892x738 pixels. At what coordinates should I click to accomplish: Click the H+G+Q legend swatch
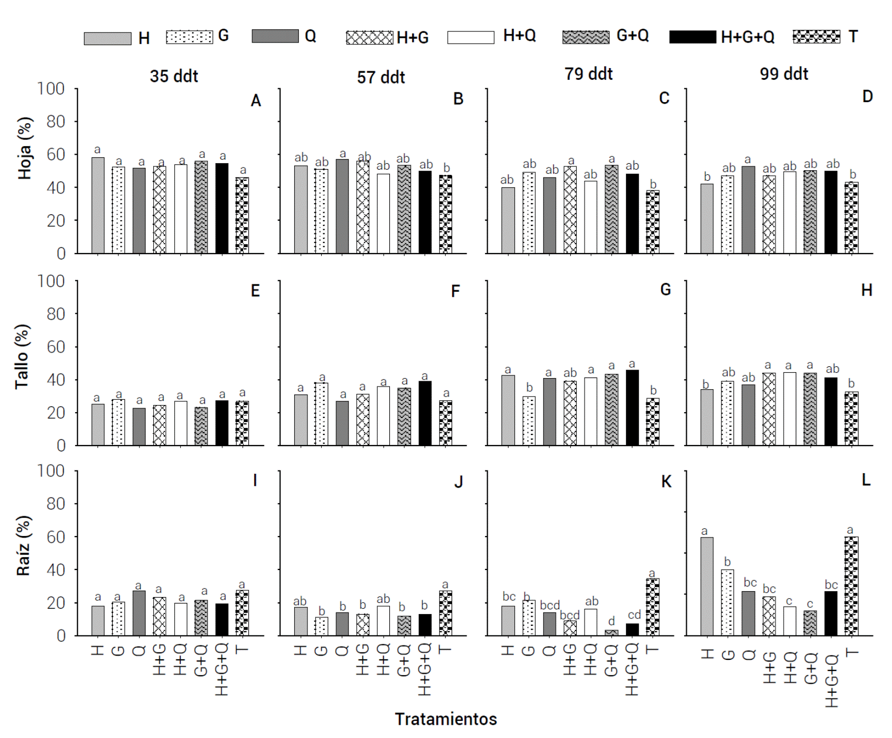(693, 37)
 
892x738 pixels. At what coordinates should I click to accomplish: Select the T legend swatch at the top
(816, 37)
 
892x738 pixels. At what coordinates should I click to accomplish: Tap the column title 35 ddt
(174, 76)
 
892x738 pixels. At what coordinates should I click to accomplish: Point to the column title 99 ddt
(784, 74)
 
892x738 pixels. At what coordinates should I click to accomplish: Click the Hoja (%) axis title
(25, 148)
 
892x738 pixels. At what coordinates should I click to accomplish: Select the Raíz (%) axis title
(24, 546)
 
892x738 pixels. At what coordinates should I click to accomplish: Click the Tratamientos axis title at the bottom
(446, 719)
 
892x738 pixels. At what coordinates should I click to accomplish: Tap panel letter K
(666, 482)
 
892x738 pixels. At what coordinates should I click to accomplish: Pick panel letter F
(455, 291)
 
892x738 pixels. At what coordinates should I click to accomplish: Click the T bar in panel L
(851, 586)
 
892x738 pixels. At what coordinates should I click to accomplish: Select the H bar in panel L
(707, 586)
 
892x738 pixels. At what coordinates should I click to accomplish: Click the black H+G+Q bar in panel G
(632, 407)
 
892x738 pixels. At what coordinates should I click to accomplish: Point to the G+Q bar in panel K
(612, 633)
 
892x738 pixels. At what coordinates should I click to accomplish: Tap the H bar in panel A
(98, 205)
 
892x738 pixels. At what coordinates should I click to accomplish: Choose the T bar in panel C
(653, 222)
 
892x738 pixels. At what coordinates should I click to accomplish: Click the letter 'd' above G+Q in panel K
(612, 621)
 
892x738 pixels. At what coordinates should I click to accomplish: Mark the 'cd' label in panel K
(634, 615)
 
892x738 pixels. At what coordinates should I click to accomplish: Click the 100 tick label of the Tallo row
(51, 281)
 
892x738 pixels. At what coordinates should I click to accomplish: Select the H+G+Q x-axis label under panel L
(831, 681)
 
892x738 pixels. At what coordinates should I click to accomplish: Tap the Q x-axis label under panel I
(139, 650)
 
